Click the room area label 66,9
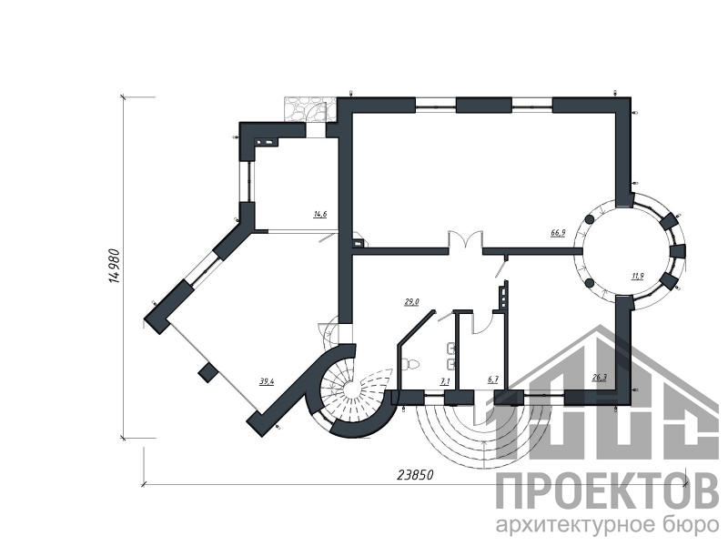558,233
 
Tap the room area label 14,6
320,214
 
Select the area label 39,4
267,381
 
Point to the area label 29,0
412,302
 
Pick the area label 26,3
600,378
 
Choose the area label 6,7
492,379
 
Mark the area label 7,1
445,381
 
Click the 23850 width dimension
415,475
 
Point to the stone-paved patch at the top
308,109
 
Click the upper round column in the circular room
590,219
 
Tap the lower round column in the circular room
590,283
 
